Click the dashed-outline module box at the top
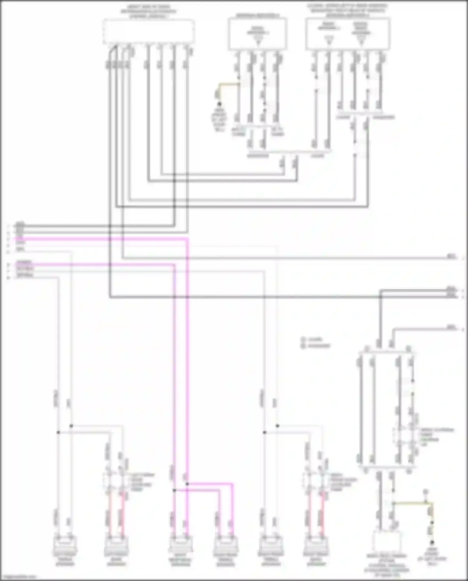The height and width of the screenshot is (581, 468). point(149,31)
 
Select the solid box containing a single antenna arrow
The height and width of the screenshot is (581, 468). point(258,34)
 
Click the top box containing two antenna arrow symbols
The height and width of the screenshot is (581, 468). point(348,34)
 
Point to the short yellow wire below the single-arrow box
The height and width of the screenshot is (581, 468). point(229,84)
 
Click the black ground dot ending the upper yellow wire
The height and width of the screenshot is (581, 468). point(219,104)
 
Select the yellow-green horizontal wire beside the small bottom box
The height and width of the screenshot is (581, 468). point(412,503)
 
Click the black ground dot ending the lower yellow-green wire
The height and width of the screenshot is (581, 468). point(432,543)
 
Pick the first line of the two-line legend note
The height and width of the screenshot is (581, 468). point(315,339)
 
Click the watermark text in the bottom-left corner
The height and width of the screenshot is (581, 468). point(18,577)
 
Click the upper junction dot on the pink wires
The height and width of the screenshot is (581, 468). point(187,484)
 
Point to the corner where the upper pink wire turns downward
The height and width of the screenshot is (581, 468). point(188,239)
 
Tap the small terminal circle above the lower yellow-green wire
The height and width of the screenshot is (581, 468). point(425,492)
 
